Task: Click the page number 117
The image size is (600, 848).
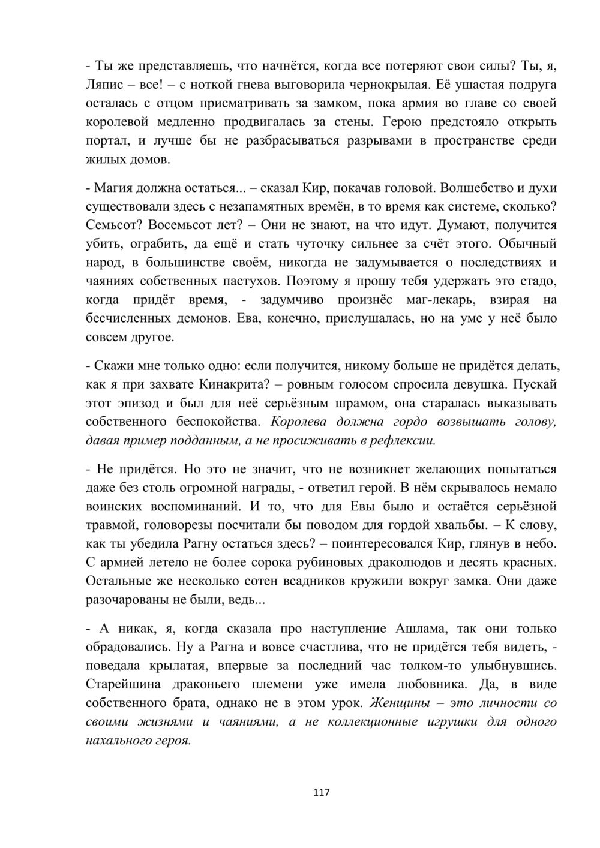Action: [322, 793]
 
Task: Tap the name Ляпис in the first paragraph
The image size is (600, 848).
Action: [103, 84]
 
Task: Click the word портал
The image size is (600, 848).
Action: [105, 141]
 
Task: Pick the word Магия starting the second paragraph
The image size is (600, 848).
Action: [114, 188]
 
